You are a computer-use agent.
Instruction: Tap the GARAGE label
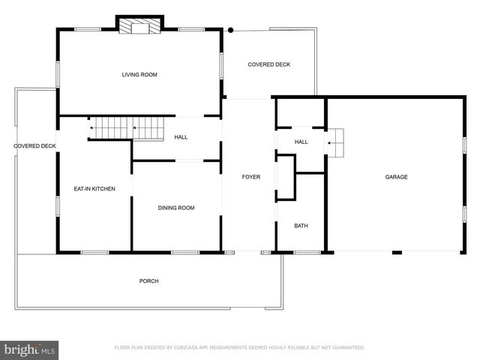click(x=396, y=177)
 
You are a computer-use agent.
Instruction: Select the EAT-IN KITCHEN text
click(x=94, y=189)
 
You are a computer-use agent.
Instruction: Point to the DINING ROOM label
click(x=175, y=208)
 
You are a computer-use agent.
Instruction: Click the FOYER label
click(x=250, y=177)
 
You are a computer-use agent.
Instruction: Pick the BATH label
click(x=301, y=226)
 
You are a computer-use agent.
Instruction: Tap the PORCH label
click(x=148, y=281)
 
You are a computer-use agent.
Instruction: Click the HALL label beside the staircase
click(x=181, y=137)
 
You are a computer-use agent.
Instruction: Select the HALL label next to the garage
click(x=301, y=142)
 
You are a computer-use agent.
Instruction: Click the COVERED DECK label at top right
click(x=269, y=64)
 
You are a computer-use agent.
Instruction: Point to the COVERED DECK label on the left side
click(x=34, y=146)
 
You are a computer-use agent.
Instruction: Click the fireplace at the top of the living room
click(x=139, y=27)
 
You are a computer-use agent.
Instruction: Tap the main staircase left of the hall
click(x=127, y=128)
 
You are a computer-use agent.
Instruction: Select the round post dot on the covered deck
click(x=231, y=31)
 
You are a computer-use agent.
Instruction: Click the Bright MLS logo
click(x=30, y=349)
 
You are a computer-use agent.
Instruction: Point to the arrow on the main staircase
click(x=93, y=128)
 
